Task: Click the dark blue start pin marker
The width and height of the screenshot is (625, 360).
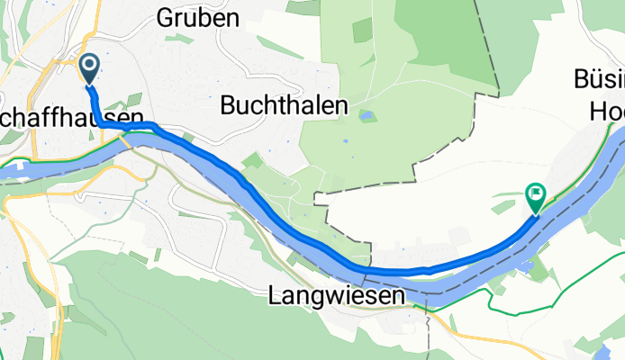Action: point(90,67)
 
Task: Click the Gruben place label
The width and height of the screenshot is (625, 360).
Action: point(197,17)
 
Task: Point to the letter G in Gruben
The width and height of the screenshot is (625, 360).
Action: point(165,17)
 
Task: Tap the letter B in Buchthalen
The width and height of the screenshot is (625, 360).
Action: point(227,106)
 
